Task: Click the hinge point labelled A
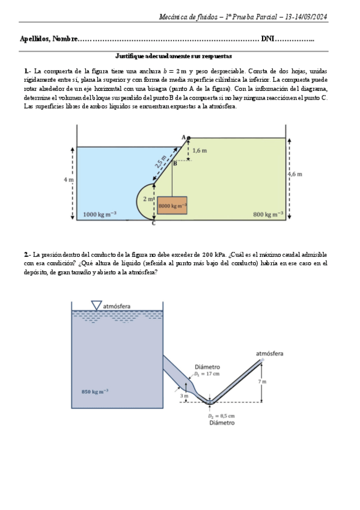(x=188, y=138)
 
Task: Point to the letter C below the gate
(x=153, y=224)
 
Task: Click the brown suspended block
(x=172, y=206)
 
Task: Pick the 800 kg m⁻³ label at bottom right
(x=269, y=214)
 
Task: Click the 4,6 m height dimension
(x=294, y=174)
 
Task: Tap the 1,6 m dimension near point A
(x=200, y=150)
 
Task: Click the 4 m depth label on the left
(x=68, y=180)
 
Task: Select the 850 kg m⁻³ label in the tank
(x=95, y=392)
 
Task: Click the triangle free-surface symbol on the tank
(x=96, y=306)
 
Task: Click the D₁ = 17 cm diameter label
(x=207, y=373)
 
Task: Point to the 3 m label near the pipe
(x=183, y=396)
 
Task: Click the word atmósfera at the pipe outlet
(x=270, y=354)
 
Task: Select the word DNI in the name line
(x=267, y=39)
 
